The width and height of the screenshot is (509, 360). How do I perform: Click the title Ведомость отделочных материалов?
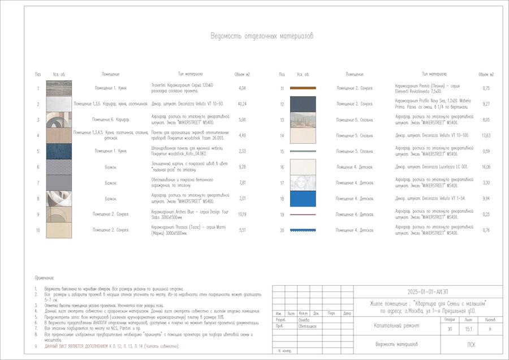262,36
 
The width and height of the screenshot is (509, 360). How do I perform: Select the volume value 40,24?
242,104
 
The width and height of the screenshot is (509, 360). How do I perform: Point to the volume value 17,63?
486,135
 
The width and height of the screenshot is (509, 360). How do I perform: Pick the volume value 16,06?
486,167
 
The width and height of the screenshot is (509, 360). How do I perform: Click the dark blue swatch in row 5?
59,151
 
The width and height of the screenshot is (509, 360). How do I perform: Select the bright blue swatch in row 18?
303,199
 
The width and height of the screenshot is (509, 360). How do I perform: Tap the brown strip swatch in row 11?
303,88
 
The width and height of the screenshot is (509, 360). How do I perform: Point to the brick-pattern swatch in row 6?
59,167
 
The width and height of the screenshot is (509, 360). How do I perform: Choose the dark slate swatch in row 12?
303,104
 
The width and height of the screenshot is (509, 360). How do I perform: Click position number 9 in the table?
38,214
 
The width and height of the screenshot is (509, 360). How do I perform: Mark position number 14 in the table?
282,135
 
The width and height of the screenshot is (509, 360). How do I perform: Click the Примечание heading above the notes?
44,278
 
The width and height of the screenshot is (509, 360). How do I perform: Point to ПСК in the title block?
471,345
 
